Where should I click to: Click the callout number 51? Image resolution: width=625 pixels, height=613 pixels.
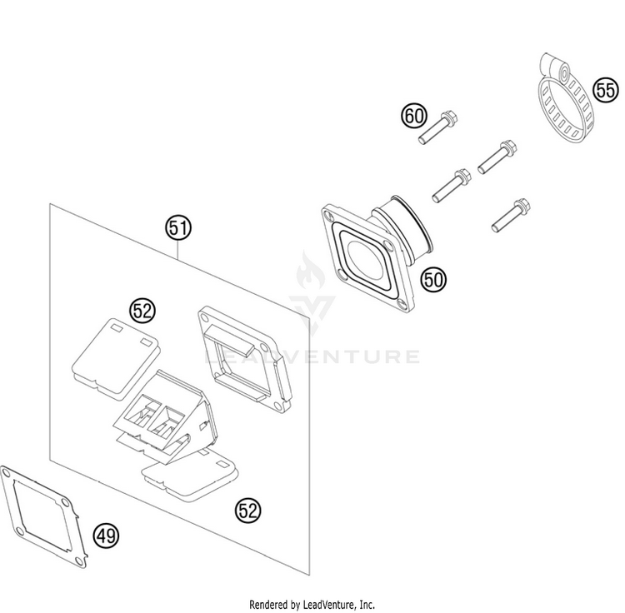(x=178, y=226)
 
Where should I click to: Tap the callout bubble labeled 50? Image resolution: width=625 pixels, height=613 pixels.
(x=433, y=281)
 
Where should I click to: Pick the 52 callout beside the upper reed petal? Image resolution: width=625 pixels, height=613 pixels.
(x=142, y=311)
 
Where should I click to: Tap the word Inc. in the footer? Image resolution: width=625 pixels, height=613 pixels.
(x=366, y=604)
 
